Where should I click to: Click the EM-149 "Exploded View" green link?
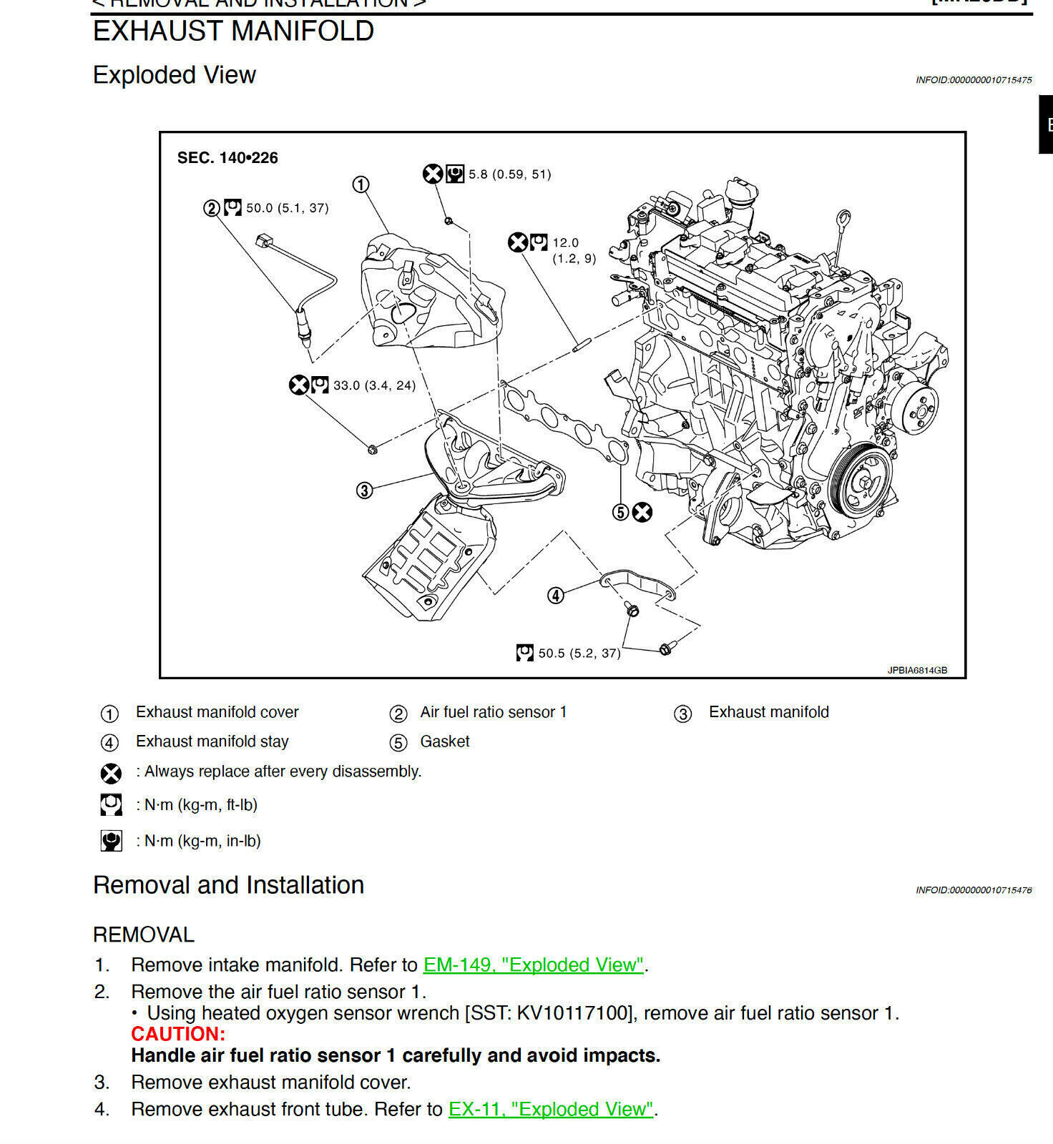tap(534, 965)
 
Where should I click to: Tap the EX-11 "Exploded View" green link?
tap(551, 1109)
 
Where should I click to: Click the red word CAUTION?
tap(178, 1034)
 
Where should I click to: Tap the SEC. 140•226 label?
tap(227, 158)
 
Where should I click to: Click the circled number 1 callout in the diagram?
tap(361, 185)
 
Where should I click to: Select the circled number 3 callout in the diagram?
tap(365, 490)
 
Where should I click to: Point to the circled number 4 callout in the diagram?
tap(556, 595)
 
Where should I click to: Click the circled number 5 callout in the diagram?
tap(621, 512)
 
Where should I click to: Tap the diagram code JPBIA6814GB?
tap(917, 670)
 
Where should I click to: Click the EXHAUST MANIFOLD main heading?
tap(233, 31)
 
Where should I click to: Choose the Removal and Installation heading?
tap(228, 885)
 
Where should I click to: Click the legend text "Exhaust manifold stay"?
tap(212, 741)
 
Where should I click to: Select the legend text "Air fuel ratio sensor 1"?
tap(493, 712)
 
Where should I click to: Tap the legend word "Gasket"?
tap(444, 741)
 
